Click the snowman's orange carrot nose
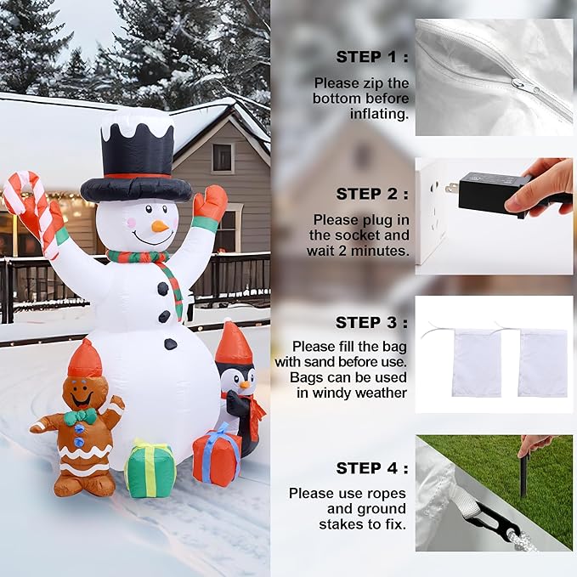click(x=159, y=226)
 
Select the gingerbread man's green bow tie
click(x=80, y=416)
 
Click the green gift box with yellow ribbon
click(x=150, y=469)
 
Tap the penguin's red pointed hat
click(x=233, y=344)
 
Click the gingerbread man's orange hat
click(x=84, y=360)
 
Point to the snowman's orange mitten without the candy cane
click(x=210, y=203)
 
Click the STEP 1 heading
click(x=371, y=57)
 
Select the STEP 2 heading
click(x=371, y=194)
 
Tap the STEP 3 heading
click(x=371, y=322)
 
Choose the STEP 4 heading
click(x=371, y=468)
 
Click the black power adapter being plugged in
click(x=493, y=194)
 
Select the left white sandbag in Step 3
click(x=476, y=363)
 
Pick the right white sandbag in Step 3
click(x=542, y=363)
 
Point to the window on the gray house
click(x=223, y=157)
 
